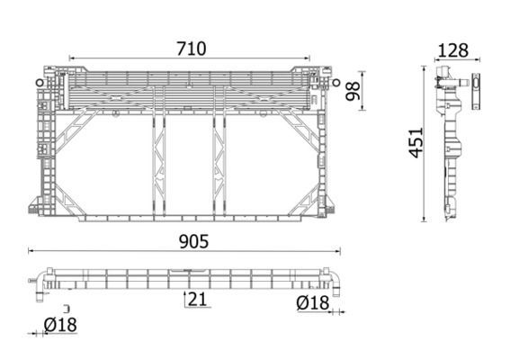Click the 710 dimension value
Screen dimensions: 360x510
(191, 49)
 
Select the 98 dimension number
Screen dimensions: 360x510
(353, 89)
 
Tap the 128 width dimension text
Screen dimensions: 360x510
(453, 49)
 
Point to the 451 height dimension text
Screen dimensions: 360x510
(415, 143)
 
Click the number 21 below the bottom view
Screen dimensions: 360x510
(199, 300)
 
